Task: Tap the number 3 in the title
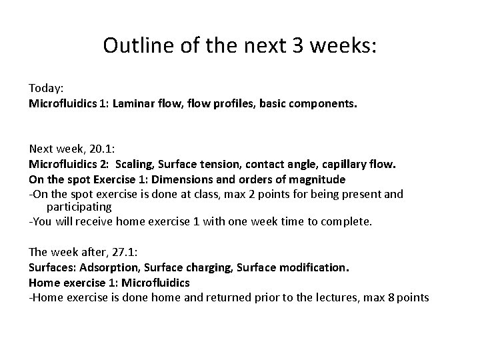[x=288, y=45]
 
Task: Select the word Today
[x=43, y=88]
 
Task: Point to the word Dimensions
[x=185, y=179]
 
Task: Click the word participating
[x=79, y=207]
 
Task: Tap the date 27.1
[x=108, y=252]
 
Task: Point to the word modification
[x=315, y=267]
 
